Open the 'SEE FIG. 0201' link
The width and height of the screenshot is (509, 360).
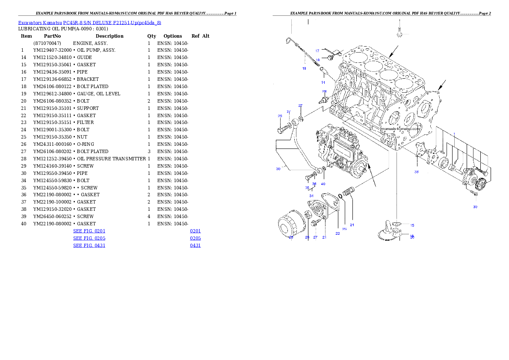(x=89, y=231)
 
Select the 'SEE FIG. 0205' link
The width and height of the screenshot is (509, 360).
(x=89, y=238)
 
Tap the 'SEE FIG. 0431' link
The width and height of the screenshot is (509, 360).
(x=89, y=245)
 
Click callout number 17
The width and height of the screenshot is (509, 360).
(x=317, y=51)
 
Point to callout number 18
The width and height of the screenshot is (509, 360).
(x=318, y=60)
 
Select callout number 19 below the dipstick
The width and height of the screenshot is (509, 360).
(x=304, y=68)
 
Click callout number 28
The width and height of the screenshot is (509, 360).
(x=324, y=91)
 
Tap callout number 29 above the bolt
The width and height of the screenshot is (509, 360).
(x=280, y=116)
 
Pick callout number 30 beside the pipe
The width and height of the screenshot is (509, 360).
(x=278, y=169)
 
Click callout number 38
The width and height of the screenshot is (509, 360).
(x=416, y=172)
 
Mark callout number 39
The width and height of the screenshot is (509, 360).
(x=475, y=207)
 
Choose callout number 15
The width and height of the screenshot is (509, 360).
(x=412, y=225)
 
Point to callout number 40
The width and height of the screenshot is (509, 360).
(x=323, y=184)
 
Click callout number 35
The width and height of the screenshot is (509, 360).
(x=307, y=188)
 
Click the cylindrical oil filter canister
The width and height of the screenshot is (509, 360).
(x=290, y=224)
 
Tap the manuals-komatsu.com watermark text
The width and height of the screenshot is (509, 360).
(x=400, y=128)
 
